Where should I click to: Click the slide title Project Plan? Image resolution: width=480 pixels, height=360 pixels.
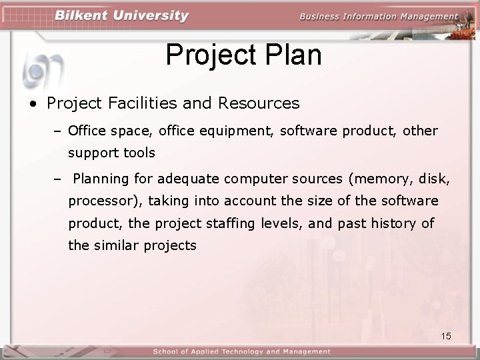point(243,55)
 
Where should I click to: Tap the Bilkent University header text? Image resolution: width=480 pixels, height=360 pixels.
point(121,16)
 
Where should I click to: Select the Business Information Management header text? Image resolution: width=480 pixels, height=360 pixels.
point(378,17)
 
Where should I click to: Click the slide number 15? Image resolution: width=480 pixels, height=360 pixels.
point(446,336)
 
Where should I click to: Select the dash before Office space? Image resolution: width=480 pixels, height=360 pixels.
point(58,130)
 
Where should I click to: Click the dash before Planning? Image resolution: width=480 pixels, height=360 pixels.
point(58,179)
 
